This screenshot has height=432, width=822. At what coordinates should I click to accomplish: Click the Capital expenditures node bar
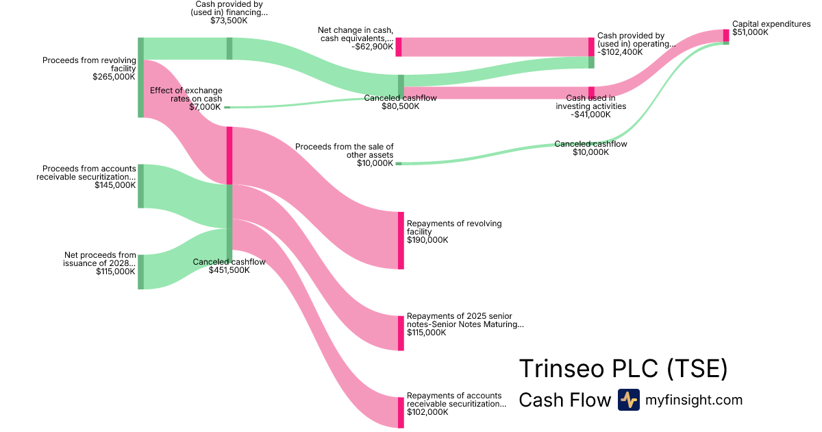tap(726, 36)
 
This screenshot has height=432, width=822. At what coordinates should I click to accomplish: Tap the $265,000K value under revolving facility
tap(114, 77)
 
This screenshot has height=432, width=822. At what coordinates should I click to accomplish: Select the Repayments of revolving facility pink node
tap(401, 241)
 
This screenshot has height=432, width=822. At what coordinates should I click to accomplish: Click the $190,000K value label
tap(427, 240)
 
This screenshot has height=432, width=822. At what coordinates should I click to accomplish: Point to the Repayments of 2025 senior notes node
tap(401, 333)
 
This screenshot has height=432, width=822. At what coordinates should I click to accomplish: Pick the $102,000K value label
tap(427, 412)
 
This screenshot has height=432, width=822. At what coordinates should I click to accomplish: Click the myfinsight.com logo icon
tap(628, 400)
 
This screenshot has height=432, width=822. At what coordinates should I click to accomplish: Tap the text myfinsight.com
tap(694, 400)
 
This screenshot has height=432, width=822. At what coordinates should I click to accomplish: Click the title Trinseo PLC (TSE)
tap(623, 368)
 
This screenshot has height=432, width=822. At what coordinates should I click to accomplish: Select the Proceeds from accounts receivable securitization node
tap(140, 186)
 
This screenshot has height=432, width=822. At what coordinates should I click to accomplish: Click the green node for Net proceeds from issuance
tap(140, 272)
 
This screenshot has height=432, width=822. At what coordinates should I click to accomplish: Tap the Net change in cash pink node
tap(398, 47)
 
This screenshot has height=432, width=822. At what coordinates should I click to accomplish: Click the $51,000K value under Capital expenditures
tap(750, 32)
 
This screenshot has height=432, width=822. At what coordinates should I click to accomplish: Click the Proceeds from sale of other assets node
tap(398, 164)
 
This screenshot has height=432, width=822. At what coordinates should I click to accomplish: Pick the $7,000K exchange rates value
tap(205, 107)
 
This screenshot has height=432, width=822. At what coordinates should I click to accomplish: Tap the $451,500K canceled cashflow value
tap(229, 270)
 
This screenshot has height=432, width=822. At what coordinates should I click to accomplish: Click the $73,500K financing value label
tap(229, 21)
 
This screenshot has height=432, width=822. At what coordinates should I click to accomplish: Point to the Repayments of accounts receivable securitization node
tap(401, 412)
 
